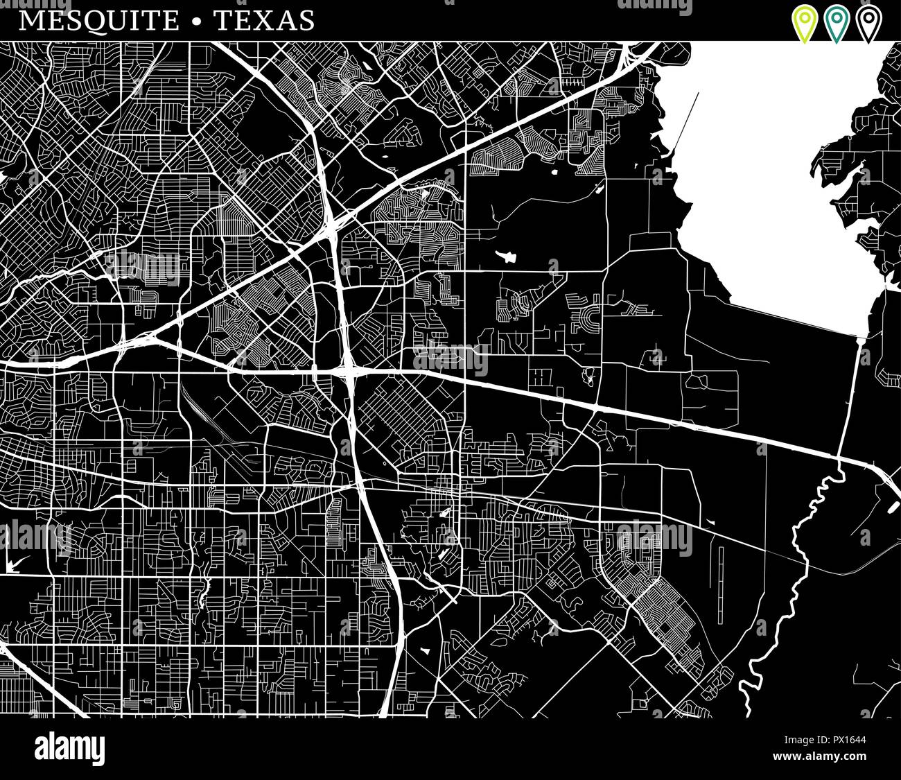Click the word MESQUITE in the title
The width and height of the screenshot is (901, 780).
click(x=98, y=20)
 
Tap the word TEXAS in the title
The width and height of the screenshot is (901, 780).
click(x=264, y=20)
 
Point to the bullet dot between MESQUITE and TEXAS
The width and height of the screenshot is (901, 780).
click(x=197, y=21)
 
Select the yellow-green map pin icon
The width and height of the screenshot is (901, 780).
click(x=804, y=24)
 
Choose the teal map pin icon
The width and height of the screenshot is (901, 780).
click(x=836, y=24)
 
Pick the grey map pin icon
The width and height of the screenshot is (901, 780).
click(x=868, y=24)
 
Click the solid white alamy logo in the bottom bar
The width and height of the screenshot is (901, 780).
click(x=69, y=749)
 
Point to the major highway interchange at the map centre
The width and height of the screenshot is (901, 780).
click(x=349, y=371)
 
